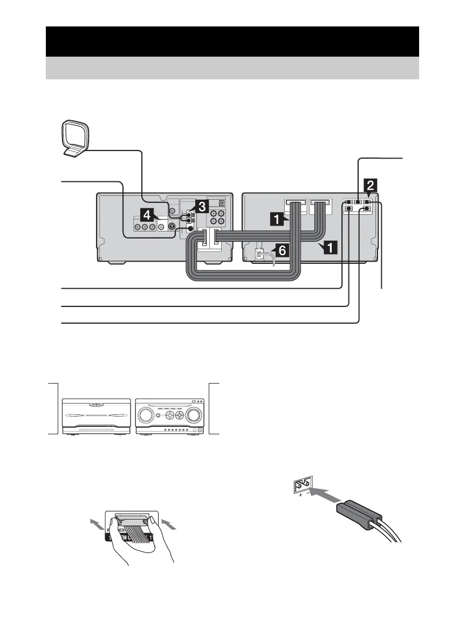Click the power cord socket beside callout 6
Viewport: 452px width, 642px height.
pyautogui.click(x=261, y=255)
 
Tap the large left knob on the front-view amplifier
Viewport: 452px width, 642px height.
pyautogui.click(x=149, y=416)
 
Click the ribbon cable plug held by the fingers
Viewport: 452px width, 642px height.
pyautogui.click(x=131, y=520)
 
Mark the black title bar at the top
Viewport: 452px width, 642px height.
pyautogui.click(x=232, y=41)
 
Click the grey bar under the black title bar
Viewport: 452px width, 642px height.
pyautogui.click(x=232, y=68)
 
